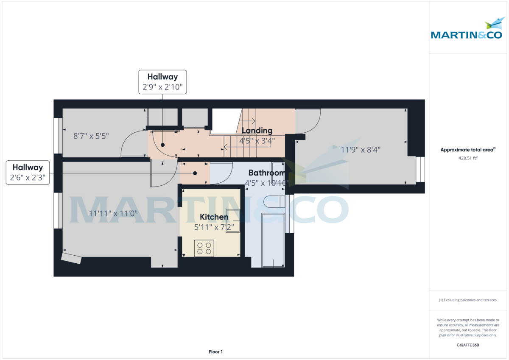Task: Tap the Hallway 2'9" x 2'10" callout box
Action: [x=162, y=82]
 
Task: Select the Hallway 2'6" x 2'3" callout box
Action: [x=28, y=173]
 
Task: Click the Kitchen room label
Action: [x=214, y=217]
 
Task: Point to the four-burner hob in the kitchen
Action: [x=204, y=248]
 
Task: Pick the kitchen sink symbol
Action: [x=233, y=221]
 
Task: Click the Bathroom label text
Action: [x=266, y=173]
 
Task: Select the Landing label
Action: [x=257, y=131]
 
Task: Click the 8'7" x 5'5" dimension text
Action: [x=91, y=136]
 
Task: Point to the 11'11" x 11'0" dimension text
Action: [x=113, y=214]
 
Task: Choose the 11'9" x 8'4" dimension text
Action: [x=361, y=149]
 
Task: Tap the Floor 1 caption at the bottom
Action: [x=215, y=352]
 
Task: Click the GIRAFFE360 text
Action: [x=468, y=345]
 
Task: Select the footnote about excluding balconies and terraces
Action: [x=468, y=300]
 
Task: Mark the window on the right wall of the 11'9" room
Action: [x=420, y=169]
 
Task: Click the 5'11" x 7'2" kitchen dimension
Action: [x=214, y=227]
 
